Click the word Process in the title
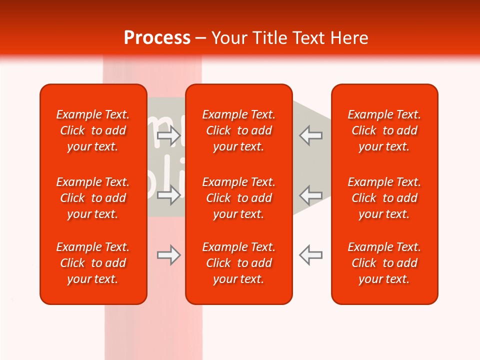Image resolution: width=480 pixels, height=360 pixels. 157,38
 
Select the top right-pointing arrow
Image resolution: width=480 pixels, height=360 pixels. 169,135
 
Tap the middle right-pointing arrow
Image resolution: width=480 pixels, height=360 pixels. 169,195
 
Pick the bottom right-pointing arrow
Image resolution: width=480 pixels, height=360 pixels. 169,255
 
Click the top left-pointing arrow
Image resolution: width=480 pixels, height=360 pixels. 310,135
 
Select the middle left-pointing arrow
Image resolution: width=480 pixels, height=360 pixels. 310,195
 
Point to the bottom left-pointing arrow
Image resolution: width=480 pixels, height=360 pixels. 310,255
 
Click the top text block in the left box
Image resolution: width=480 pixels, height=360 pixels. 93,130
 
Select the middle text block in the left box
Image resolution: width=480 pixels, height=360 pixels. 93,198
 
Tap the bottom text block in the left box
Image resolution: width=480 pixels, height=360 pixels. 93,263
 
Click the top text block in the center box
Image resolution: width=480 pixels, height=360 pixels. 239,130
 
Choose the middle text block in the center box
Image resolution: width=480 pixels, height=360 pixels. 239,198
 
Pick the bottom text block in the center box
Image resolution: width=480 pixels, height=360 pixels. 239,263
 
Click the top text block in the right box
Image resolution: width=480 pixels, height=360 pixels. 384,130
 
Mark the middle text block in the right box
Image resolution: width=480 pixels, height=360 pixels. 384,198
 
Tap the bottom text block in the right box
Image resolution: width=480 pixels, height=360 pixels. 384,263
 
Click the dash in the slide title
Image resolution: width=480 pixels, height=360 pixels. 201,38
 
